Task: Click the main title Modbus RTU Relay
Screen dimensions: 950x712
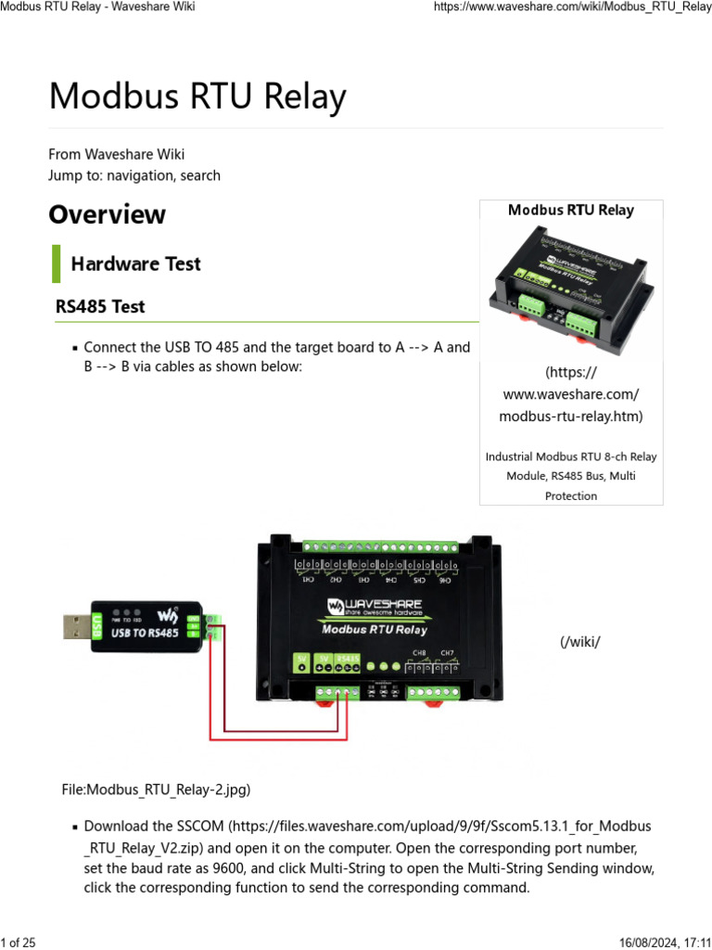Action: click(x=197, y=96)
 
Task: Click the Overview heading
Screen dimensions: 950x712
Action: click(x=107, y=214)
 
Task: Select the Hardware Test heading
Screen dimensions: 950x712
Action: click(x=135, y=263)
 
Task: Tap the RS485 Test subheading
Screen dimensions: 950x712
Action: click(x=100, y=305)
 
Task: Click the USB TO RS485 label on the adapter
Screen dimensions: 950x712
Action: click(x=145, y=634)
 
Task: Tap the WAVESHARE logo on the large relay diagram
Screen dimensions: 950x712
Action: click(x=375, y=606)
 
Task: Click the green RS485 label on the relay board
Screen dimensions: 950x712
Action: click(x=348, y=661)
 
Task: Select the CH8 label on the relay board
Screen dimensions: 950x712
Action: click(x=420, y=652)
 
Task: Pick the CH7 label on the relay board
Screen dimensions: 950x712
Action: click(x=447, y=652)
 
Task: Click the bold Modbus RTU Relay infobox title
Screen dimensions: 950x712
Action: click(x=570, y=210)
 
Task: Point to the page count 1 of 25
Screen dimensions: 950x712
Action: click(x=19, y=943)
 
